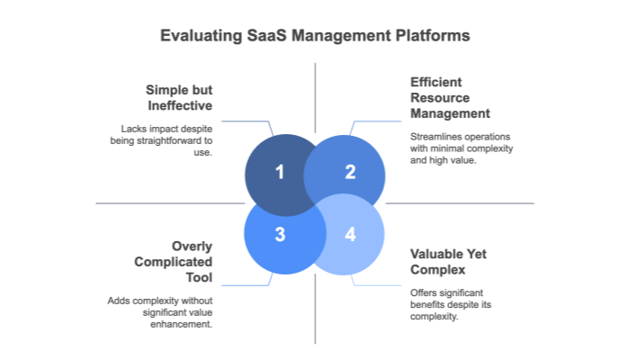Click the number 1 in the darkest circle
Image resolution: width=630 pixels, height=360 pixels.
click(x=279, y=172)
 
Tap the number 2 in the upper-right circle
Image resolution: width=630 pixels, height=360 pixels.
click(x=350, y=172)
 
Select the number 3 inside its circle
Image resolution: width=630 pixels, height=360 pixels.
click(x=279, y=234)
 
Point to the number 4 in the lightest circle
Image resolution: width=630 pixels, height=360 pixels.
click(x=350, y=234)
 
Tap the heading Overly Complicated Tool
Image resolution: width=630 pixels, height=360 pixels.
click(x=179, y=262)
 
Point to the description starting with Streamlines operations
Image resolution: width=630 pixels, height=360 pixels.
click(x=462, y=148)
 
